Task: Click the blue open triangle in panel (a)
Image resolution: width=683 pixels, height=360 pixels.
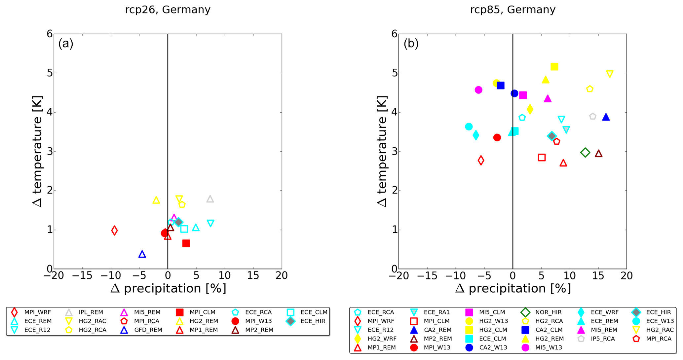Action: pos(142,254)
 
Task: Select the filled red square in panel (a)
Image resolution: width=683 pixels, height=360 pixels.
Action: pos(186,243)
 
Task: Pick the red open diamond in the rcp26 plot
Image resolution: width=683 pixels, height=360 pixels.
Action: pos(114,230)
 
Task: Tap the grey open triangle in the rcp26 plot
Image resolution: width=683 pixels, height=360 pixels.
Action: pos(210,199)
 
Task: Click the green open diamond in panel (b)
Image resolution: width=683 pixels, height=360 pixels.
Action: pos(585,152)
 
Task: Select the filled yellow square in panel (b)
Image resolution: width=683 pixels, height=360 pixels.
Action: pos(554,67)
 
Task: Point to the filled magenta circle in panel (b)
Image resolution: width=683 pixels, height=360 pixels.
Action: pos(478,90)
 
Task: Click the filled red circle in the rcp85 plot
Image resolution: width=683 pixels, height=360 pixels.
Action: pos(497,137)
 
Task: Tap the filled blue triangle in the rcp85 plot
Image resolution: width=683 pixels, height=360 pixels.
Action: pos(606,117)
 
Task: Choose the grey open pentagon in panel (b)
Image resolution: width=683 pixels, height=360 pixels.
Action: pos(593,117)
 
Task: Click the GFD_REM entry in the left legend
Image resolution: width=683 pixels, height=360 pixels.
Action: pos(148,330)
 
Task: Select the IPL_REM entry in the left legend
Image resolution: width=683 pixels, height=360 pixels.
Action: pos(91,312)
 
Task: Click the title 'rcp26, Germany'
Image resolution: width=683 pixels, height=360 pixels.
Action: pos(168,10)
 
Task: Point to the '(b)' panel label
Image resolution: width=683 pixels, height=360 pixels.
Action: pos(411,43)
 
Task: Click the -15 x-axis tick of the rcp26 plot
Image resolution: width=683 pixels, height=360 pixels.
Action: pos(82,275)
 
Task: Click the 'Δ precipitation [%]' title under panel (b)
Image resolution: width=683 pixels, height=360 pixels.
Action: pos(513,289)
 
